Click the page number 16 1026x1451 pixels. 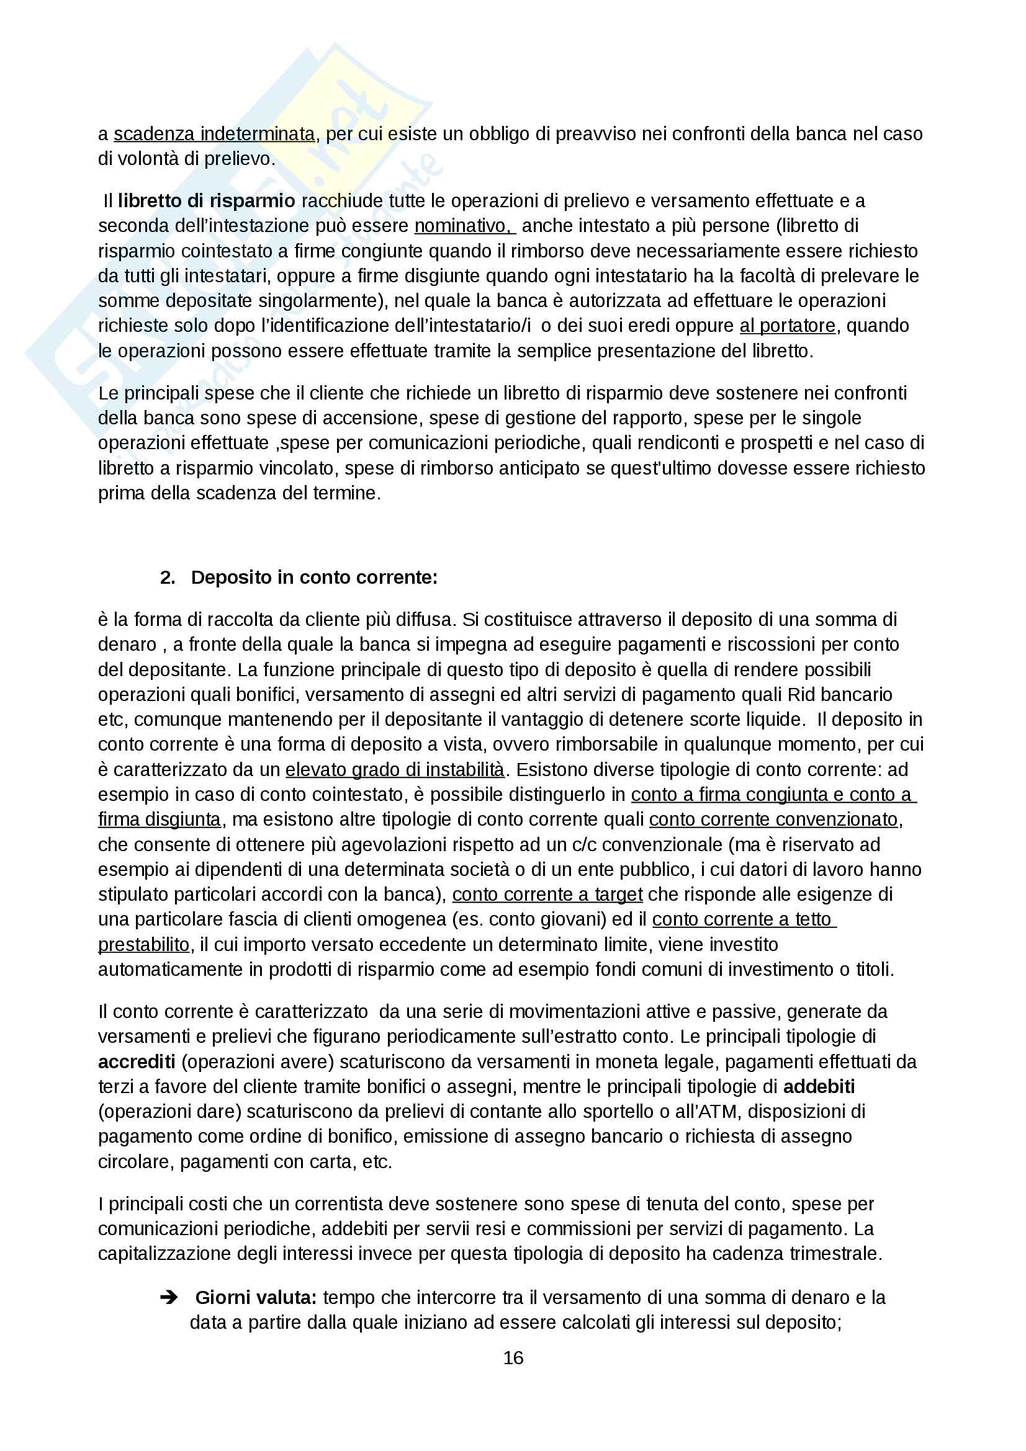pos(513,1357)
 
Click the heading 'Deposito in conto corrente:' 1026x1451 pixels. pos(314,577)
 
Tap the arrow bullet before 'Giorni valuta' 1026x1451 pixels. pos(169,1297)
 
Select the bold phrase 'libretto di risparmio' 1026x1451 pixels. pos(206,201)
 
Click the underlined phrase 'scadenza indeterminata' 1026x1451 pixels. pos(214,134)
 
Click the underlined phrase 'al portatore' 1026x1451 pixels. pos(788,326)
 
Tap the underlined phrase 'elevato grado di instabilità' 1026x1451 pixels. pos(395,769)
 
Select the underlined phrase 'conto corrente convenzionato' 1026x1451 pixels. pos(773,819)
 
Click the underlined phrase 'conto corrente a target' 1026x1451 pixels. pos(547,895)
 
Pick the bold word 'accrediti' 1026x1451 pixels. pos(137,1061)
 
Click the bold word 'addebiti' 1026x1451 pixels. pos(819,1086)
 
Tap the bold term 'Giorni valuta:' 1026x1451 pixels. pos(256,1297)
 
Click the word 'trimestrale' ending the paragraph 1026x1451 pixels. pos(835,1253)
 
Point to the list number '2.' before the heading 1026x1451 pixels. pos(168,577)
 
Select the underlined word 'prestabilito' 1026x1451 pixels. pos(144,944)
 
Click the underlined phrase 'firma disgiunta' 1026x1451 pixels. pos(160,819)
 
